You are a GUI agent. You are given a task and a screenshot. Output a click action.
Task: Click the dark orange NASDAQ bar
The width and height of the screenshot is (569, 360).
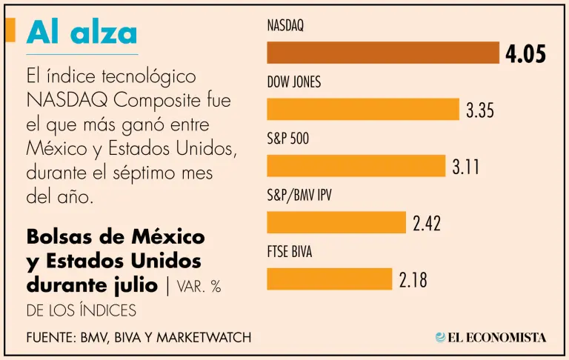(382, 53)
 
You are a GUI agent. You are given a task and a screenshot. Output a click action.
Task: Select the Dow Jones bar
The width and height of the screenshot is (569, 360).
(362, 109)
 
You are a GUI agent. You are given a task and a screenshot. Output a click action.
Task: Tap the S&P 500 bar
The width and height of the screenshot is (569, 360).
(356, 165)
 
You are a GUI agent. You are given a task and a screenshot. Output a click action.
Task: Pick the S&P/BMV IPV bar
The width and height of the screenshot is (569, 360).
(336, 222)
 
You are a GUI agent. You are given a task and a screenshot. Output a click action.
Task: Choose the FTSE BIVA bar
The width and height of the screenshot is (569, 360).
(329, 279)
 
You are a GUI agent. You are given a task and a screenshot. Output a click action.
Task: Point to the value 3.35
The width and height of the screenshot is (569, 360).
(480, 111)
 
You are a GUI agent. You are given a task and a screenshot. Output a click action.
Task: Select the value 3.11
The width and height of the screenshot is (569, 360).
(466, 167)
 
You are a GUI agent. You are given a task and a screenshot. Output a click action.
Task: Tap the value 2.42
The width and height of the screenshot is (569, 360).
(427, 224)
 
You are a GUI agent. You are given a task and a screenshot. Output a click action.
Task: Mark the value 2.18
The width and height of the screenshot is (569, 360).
(413, 280)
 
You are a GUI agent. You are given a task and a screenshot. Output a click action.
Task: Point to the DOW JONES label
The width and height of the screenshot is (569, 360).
(294, 82)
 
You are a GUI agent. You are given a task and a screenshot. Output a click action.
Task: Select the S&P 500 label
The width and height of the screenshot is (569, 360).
(288, 139)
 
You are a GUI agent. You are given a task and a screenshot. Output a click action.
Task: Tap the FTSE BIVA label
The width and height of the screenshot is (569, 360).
(290, 252)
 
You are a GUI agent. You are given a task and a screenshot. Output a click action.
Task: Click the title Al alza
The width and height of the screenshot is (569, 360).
(81, 33)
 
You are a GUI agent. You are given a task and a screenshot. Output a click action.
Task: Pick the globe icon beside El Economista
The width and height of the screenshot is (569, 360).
(441, 337)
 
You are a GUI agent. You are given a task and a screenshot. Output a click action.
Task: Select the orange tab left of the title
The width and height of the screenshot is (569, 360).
(10, 30)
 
